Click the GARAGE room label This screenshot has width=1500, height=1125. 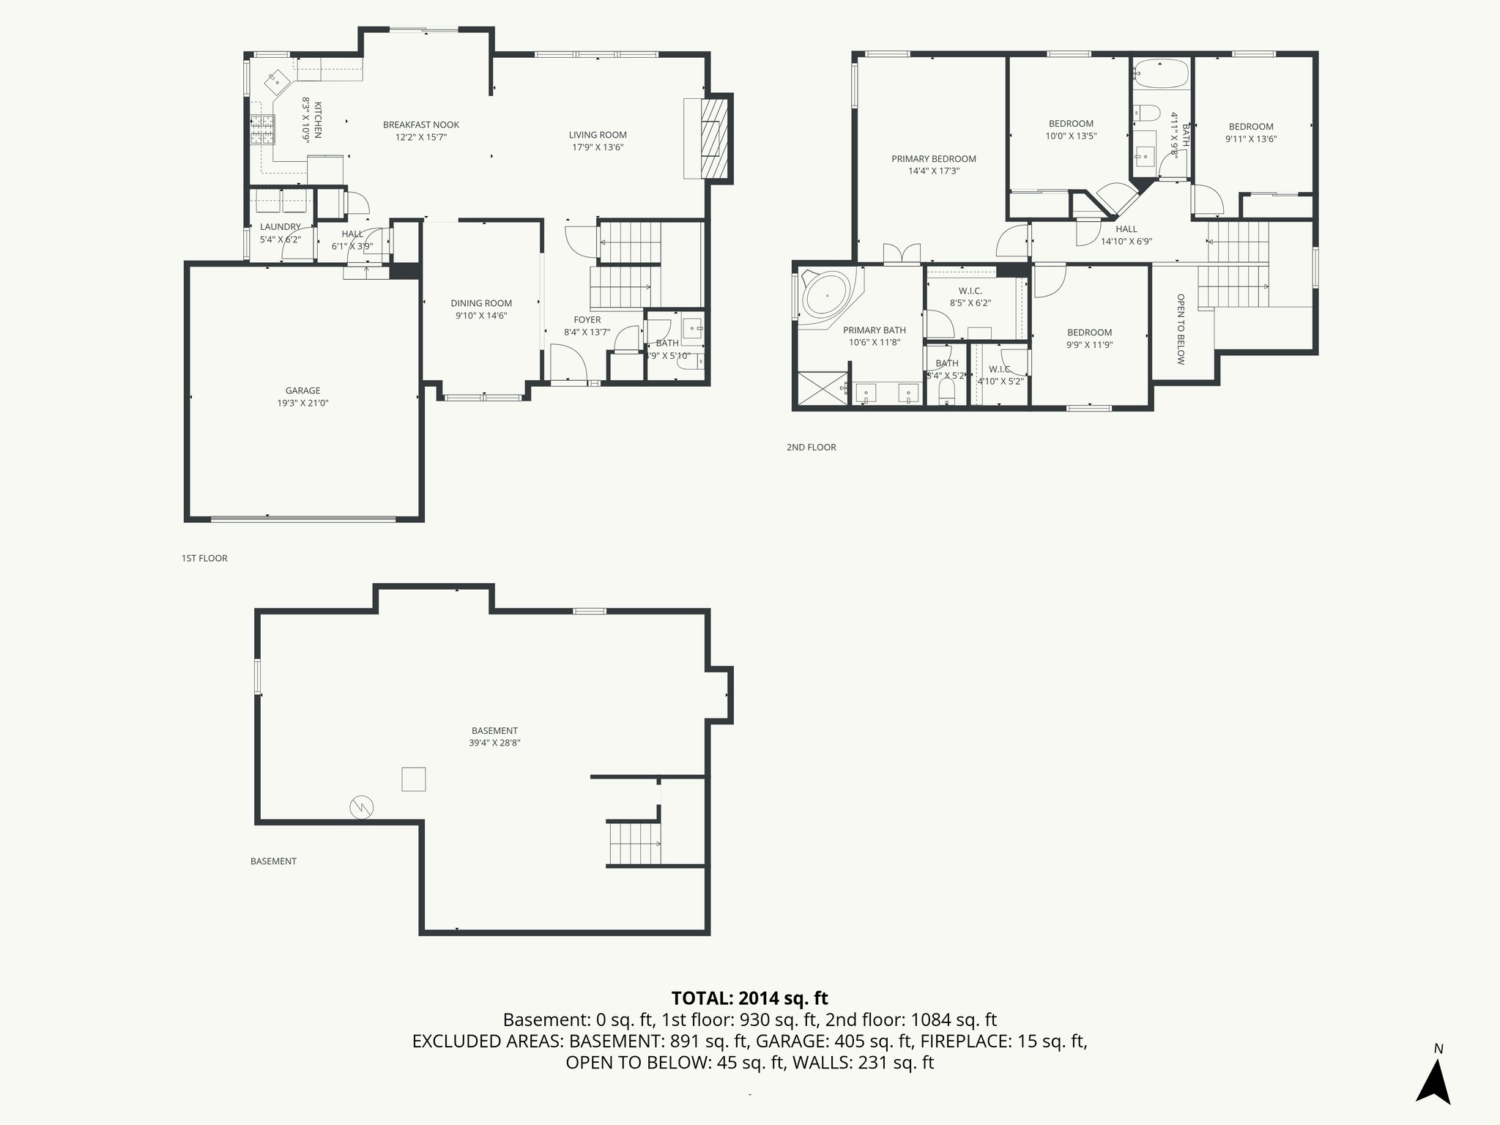click(302, 390)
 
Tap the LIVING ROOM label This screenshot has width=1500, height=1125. click(598, 135)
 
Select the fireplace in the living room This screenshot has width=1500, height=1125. click(714, 138)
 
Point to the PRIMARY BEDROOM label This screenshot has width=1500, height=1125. click(933, 159)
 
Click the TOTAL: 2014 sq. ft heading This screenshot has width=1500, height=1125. click(749, 998)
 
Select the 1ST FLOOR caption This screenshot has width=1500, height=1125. click(204, 558)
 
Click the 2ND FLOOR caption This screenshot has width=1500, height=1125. click(811, 447)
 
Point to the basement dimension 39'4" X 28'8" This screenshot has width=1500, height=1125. click(494, 743)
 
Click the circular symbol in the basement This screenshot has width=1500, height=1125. click(362, 807)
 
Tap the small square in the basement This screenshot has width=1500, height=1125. click(413, 779)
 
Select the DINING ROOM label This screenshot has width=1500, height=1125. click(480, 303)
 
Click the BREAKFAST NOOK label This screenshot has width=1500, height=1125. click(421, 125)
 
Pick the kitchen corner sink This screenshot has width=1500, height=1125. click(276, 80)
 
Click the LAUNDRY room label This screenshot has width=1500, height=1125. click(280, 227)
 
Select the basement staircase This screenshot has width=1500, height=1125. click(634, 844)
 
